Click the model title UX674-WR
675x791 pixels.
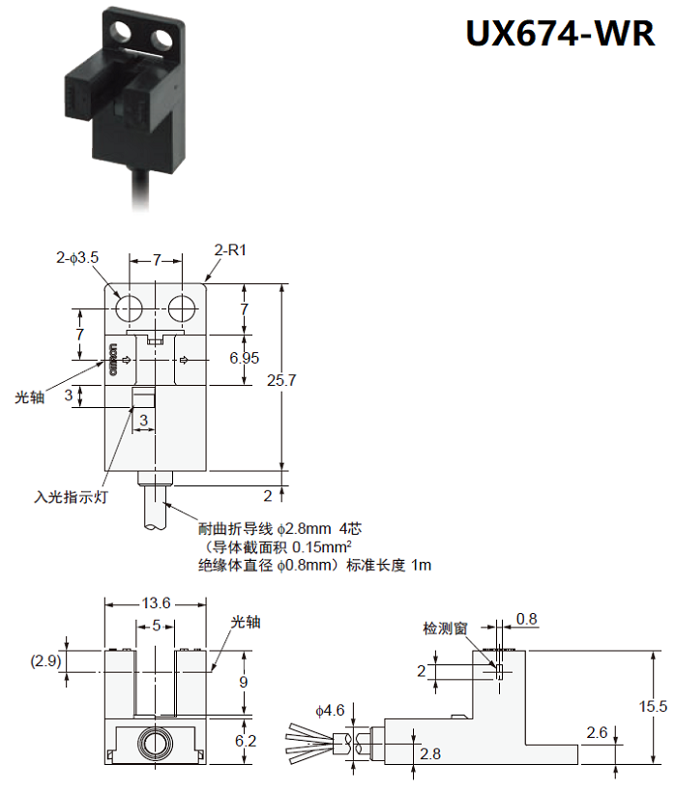point(559,35)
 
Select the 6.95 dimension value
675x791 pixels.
point(244,358)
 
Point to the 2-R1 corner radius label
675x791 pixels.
point(231,249)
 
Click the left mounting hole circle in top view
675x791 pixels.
point(129,308)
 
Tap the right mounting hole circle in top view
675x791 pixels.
point(181,308)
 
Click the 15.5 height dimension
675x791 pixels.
point(654,707)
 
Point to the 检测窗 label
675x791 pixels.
point(445,629)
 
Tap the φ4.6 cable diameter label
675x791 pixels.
point(330,711)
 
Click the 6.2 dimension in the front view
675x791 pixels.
point(246,742)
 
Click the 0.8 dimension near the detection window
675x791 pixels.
point(527,619)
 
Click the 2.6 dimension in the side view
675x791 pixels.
point(598,733)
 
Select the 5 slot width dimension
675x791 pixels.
point(156,626)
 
